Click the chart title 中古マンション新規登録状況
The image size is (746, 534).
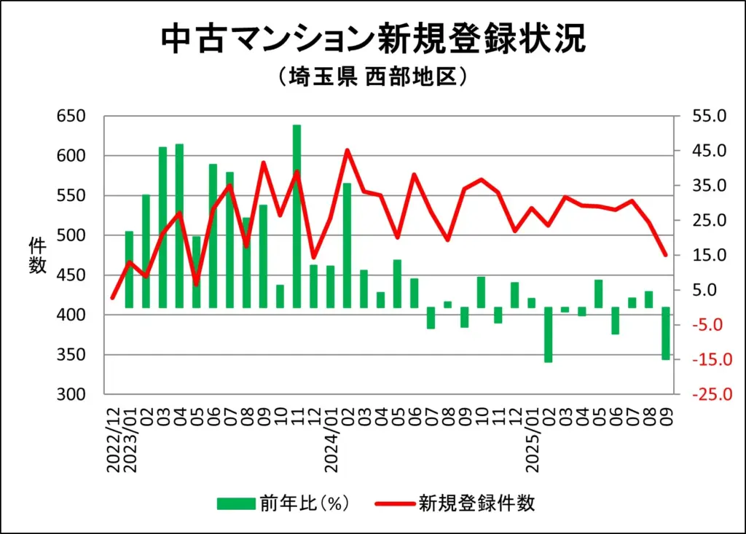pos(372,39)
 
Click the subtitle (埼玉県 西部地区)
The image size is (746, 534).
pos(372,77)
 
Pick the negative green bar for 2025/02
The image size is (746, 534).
pos(548,334)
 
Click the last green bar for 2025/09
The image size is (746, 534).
pos(665,333)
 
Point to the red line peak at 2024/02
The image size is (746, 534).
pos(348,151)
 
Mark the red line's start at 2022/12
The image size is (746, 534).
pos(112,297)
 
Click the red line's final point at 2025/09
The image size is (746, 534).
pos(665,255)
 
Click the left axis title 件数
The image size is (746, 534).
pos(38,255)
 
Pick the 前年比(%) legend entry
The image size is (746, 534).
pos(285,503)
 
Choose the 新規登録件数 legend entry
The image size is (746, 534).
pos(456,503)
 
